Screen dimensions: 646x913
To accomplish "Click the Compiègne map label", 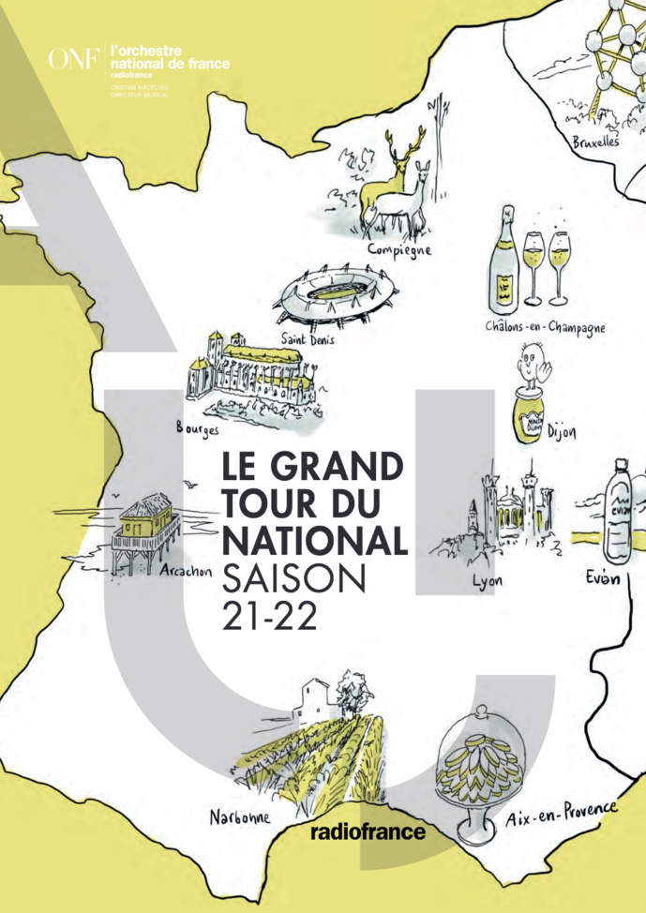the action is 398,248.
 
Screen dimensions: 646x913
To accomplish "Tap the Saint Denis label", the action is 308,339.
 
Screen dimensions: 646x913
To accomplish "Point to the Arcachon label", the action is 187,571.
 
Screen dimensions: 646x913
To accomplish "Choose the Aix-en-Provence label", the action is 561,815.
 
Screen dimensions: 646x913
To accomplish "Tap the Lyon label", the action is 488,581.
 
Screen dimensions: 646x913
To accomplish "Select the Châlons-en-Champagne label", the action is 545,328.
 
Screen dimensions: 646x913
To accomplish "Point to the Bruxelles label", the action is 596,143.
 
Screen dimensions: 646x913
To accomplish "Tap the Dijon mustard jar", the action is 531,413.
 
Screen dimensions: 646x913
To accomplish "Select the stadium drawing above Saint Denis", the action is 329,294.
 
